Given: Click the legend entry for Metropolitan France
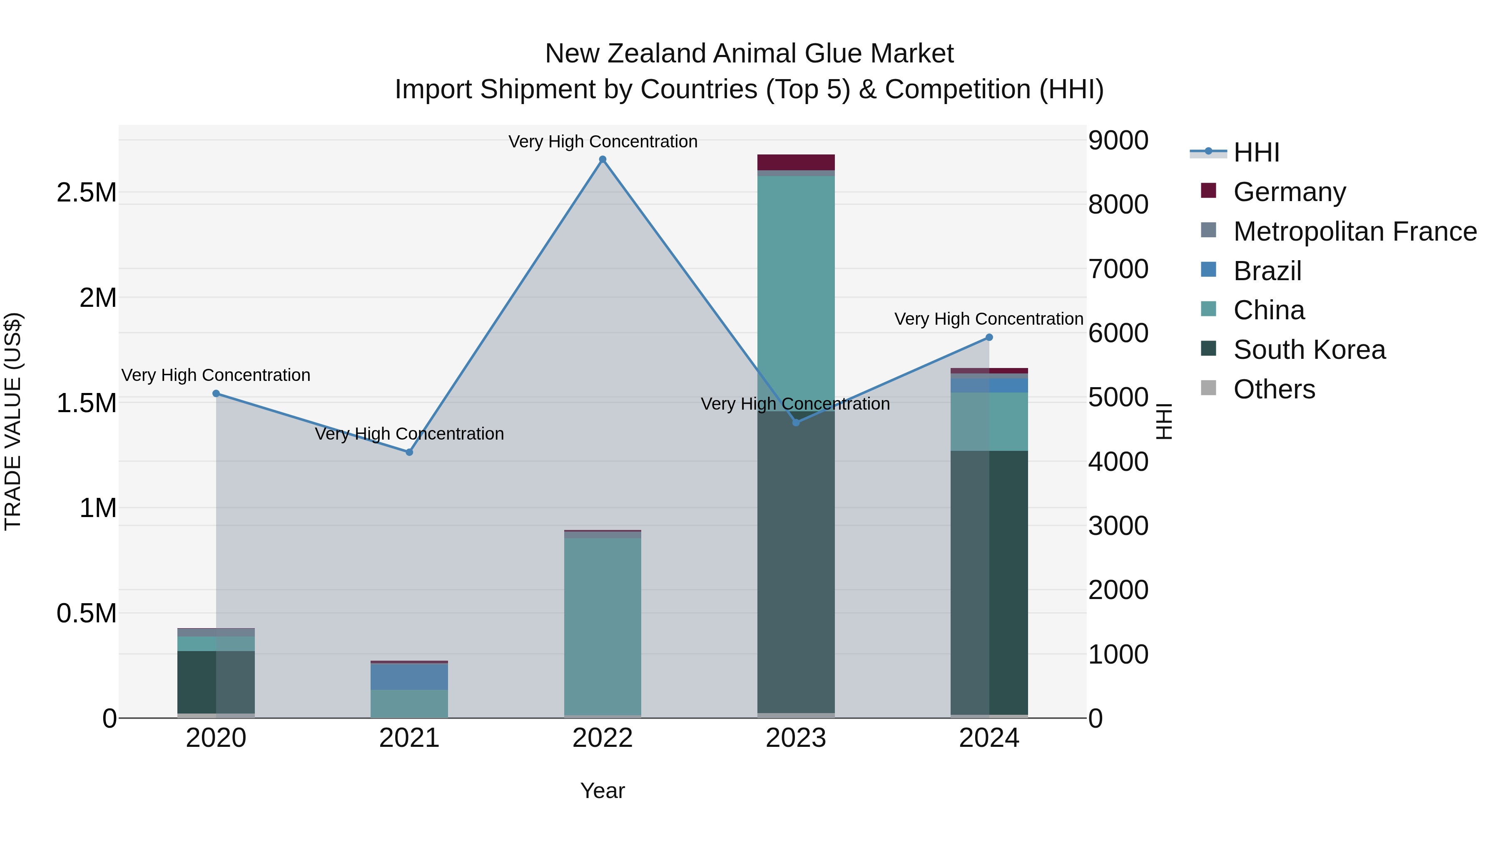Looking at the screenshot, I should (1354, 231).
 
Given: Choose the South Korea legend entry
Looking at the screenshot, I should (1309, 350).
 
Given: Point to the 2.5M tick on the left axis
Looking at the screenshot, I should (87, 193).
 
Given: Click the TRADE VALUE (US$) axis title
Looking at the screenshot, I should (13, 421).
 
